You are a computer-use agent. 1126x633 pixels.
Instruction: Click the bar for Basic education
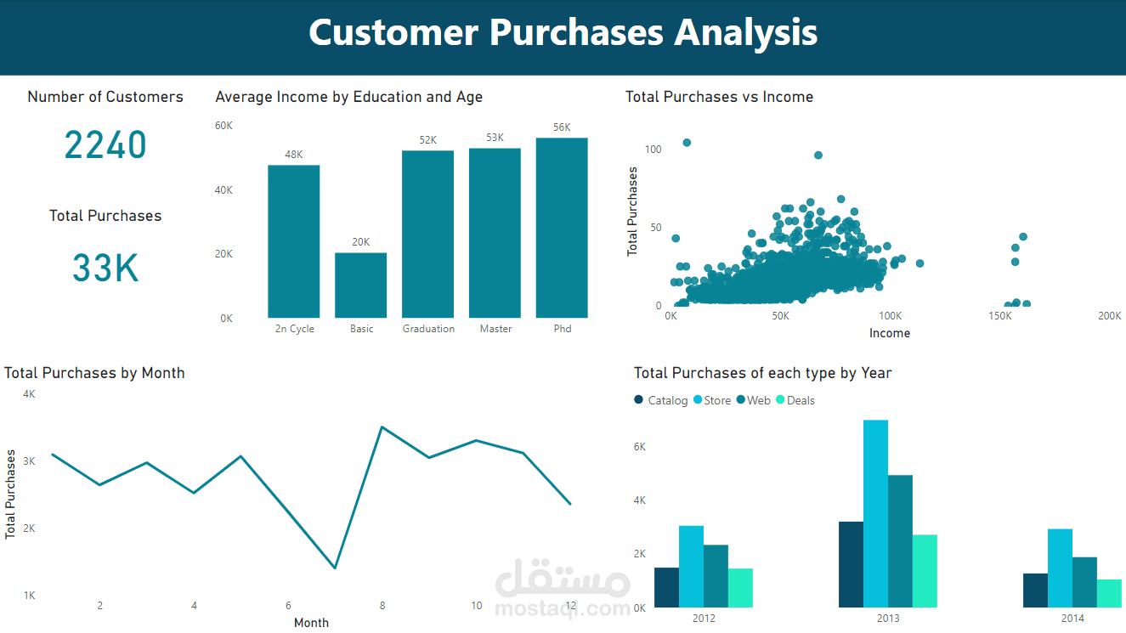[360, 285]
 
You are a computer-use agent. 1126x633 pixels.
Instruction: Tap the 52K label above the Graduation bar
[427, 140]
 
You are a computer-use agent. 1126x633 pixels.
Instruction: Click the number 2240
[105, 145]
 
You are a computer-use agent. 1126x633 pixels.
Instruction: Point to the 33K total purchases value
[105, 268]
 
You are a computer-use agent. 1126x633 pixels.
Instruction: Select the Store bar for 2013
[875, 514]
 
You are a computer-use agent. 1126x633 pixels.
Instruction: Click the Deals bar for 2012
[740, 588]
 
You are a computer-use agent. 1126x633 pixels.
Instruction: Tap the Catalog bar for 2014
[1035, 591]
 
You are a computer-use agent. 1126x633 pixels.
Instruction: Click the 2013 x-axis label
[888, 619]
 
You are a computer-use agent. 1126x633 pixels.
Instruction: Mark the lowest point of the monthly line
[336, 568]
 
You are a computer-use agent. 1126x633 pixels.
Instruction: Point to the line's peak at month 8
[382, 427]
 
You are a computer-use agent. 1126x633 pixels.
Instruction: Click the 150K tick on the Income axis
[1000, 316]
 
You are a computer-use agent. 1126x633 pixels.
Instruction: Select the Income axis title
[889, 333]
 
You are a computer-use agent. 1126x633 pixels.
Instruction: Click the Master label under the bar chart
[495, 329]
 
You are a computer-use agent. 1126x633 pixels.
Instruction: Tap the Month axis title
[311, 623]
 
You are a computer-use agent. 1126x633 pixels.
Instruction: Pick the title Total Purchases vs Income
[719, 97]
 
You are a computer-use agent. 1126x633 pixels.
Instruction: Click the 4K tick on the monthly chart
[29, 394]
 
